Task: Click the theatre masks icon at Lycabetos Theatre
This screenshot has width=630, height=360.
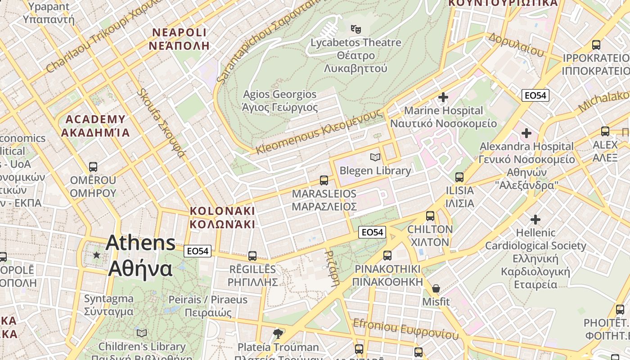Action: click(x=356, y=29)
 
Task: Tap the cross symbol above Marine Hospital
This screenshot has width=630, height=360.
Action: click(x=443, y=97)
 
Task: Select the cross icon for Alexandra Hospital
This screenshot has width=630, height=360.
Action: click(x=526, y=133)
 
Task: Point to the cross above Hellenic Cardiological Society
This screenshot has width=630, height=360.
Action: click(x=535, y=220)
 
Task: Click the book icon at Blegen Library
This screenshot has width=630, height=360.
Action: click(x=375, y=157)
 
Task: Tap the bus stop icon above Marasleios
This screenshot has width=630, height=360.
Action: click(x=324, y=180)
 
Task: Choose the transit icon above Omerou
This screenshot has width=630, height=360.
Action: click(x=93, y=167)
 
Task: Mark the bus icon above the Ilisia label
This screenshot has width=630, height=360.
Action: click(x=459, y=177)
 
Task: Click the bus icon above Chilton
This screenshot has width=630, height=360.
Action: click(x=430, y=216)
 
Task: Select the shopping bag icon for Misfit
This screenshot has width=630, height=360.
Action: click(x=436, y=288)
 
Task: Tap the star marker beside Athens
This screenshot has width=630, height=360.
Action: click(x=96, y=255)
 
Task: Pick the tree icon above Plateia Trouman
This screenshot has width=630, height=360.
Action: click(x=278, y=333)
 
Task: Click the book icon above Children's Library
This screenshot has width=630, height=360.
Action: click(x=142, y=333)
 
